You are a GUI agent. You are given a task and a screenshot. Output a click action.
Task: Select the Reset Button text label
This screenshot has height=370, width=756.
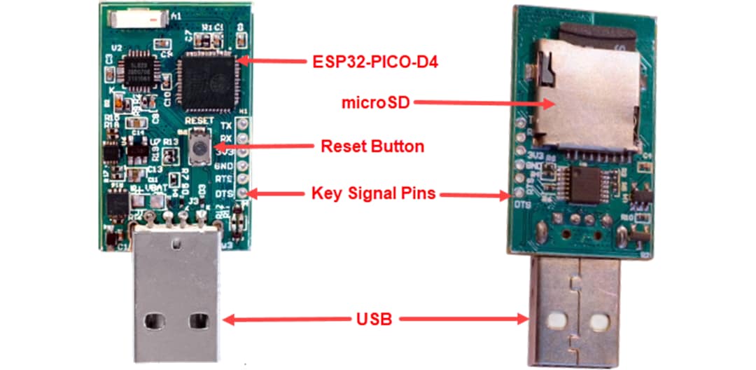point(372,146)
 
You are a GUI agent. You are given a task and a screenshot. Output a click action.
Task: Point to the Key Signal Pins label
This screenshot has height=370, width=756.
point(373,193)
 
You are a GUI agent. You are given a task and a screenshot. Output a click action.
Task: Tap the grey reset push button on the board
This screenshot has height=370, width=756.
point(200,148)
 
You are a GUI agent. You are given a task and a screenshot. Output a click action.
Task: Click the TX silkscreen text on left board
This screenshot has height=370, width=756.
point(225,125)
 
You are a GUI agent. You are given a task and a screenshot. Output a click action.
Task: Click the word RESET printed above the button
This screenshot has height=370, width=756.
point(199,121)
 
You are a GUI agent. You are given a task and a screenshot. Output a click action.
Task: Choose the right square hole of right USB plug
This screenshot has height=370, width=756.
point(597,322)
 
